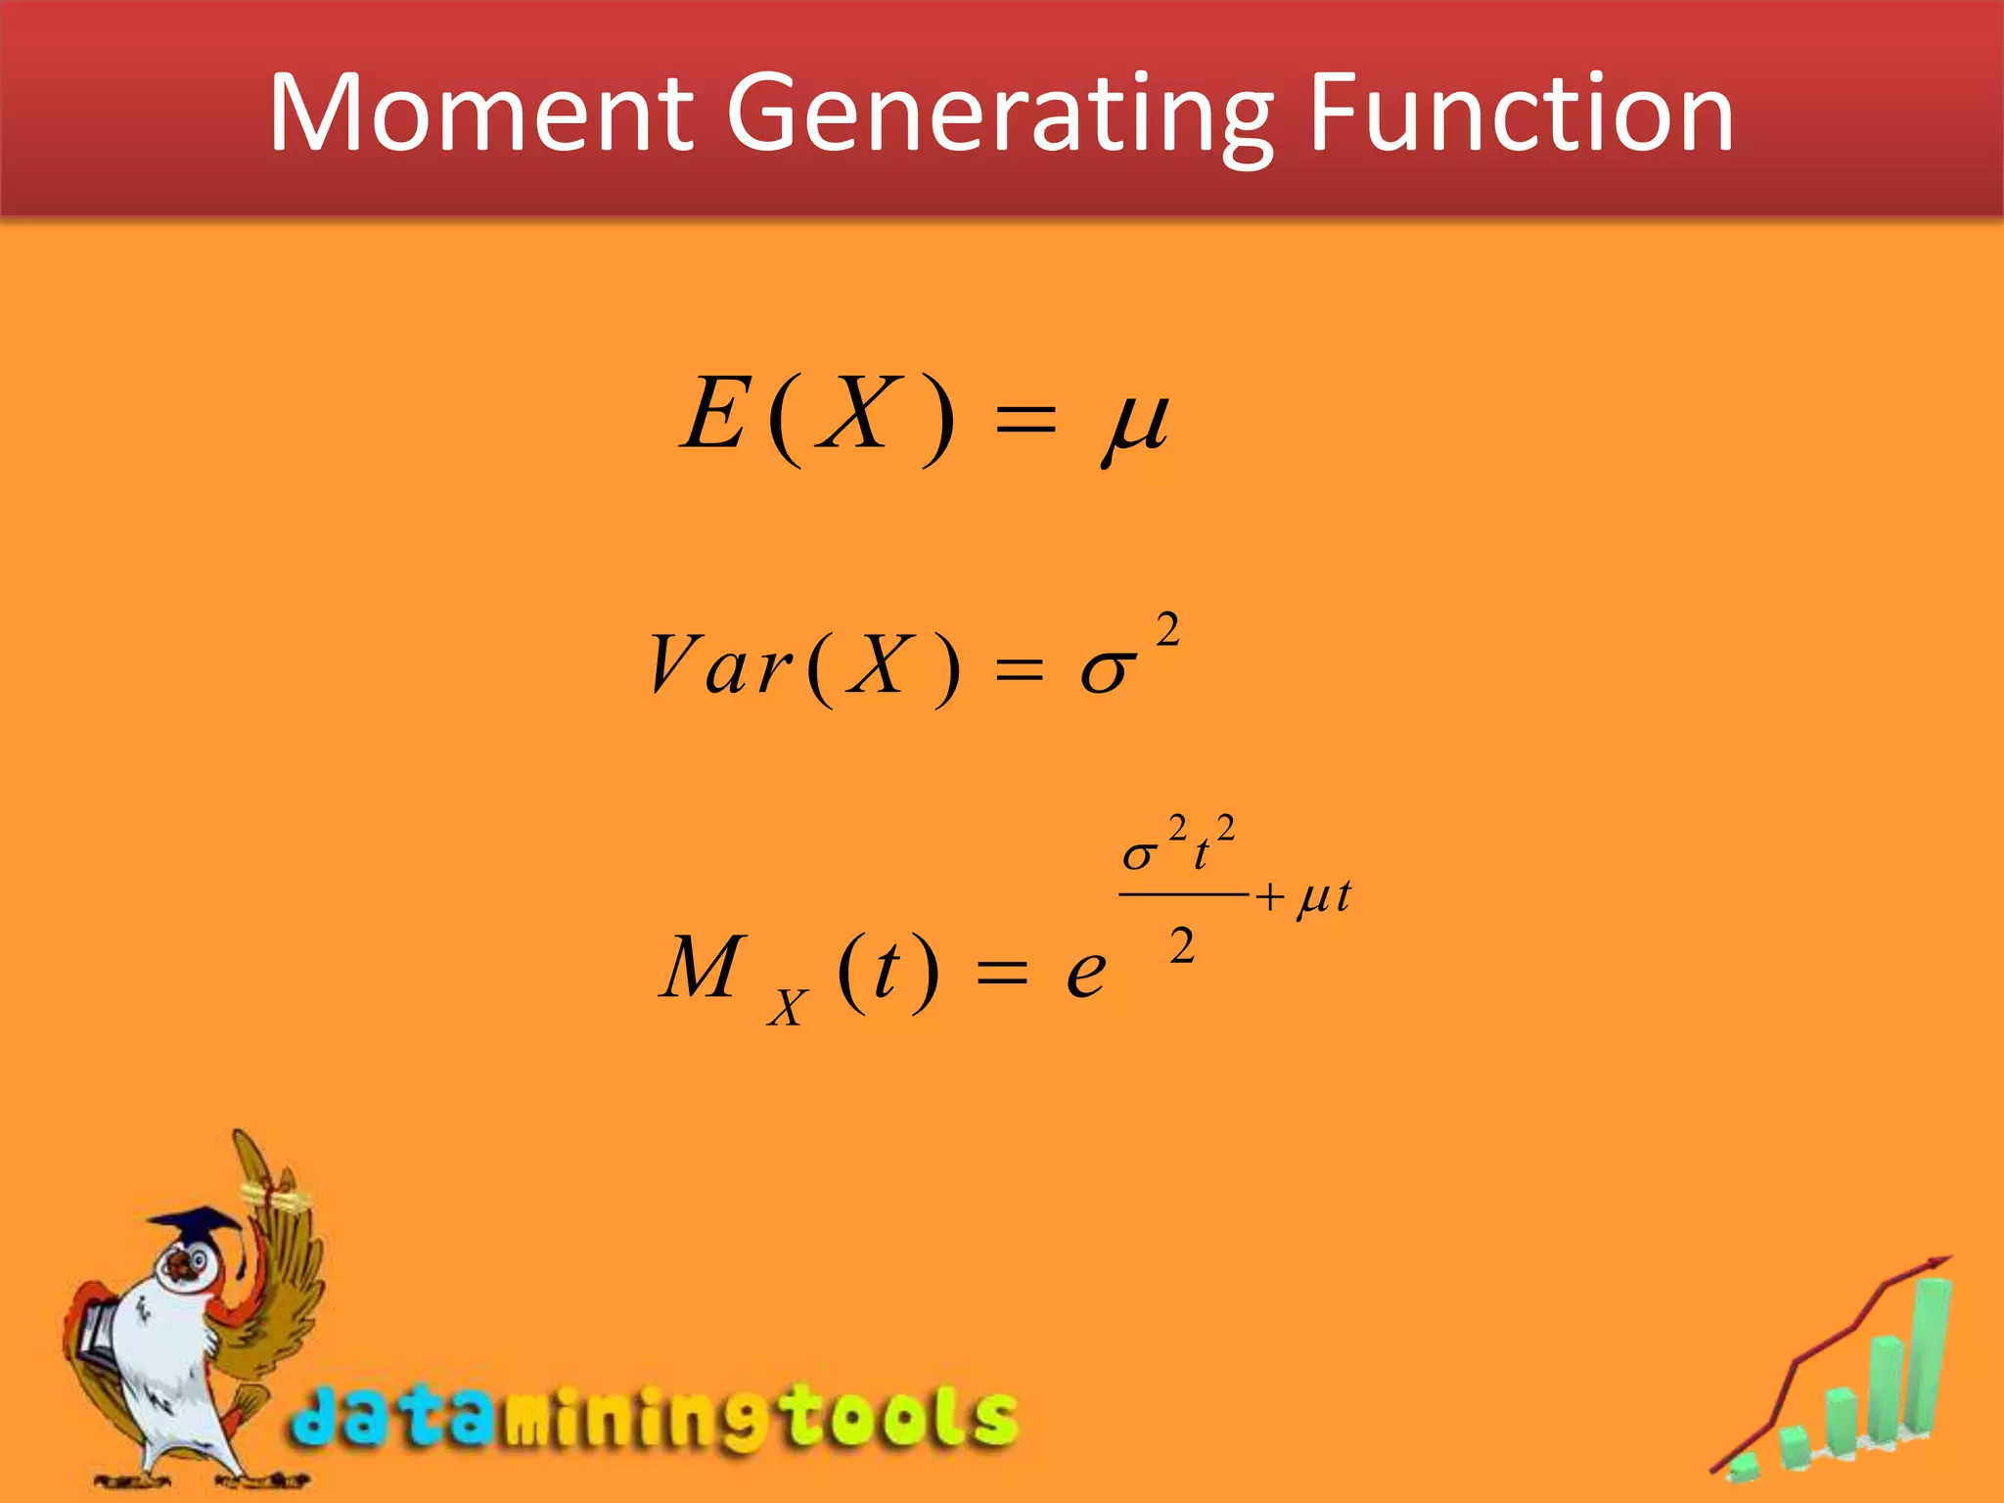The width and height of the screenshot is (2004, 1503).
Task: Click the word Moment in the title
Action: click(479, 113)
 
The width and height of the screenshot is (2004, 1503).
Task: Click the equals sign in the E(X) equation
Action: click(1025, 421)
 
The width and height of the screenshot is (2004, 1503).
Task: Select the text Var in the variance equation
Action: click(719, 665)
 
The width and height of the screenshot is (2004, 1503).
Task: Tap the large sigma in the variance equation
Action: click(1108, 671)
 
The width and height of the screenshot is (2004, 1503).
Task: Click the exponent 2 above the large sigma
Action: click(1167, 630)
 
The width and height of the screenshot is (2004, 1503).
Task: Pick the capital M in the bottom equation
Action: click(703, 967)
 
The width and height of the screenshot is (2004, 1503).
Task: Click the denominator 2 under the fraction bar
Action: click(1182, 947)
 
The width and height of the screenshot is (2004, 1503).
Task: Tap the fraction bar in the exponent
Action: click(1182, 893)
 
